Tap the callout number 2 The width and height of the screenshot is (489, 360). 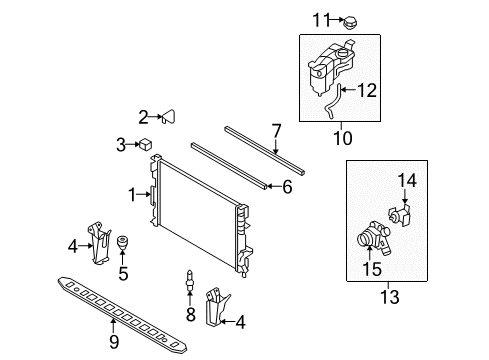click(144, 116)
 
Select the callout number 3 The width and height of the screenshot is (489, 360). click(121, 146)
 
